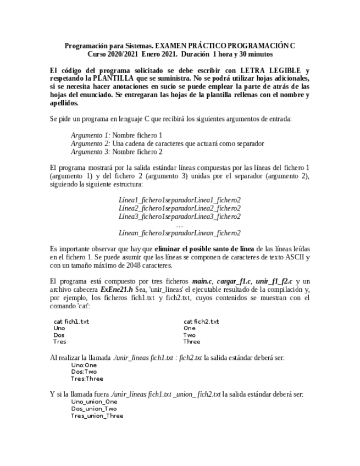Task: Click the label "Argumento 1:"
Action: click(x=91, y=135)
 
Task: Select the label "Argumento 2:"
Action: click(x=91, y=143)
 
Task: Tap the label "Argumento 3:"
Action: click(x=91, y=151)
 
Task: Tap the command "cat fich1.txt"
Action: click(x=71, y=321)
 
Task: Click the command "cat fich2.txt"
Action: click(x=201, y=321)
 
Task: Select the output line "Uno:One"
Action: click(x=84, y=365)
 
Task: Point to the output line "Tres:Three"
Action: click(x=86, y=379)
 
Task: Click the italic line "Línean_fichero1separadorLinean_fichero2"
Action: click(x=179, y=233)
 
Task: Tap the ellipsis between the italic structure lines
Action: click(x=179, y=225)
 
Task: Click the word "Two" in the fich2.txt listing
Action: click(x=189, y=335)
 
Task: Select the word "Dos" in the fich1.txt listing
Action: click(x=59, y=335)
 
